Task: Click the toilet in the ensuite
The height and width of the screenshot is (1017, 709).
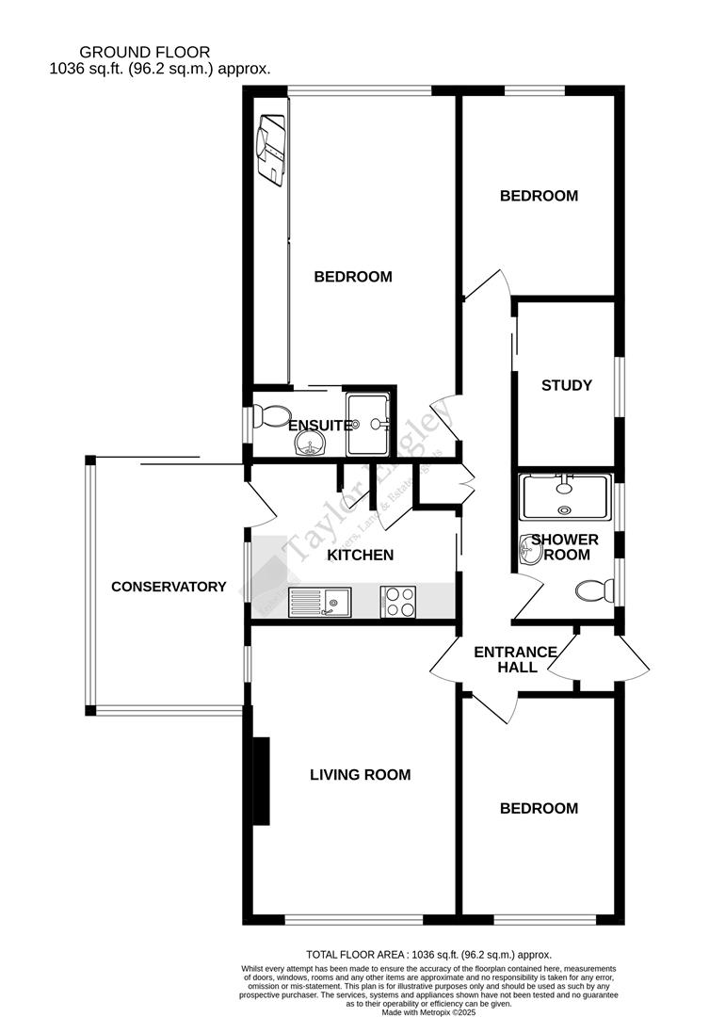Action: click(273, 415)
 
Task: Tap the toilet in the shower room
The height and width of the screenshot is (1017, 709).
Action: click(592, 590)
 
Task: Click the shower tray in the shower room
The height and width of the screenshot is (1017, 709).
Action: click(565, 497)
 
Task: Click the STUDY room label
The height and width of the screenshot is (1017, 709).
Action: click(566, 385)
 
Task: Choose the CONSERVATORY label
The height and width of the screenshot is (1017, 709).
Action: click(169, 587)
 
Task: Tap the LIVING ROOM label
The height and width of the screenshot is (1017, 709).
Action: click(360, 775)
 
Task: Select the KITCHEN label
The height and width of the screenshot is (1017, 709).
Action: click(360, 555)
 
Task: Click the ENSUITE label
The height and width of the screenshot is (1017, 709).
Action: click(320, 426)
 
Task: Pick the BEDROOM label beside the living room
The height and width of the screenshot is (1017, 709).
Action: click(539, 808)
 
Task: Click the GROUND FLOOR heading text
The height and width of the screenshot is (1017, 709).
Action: click(144, 52)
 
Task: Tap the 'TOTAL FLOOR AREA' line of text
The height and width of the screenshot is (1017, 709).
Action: click(428, 955)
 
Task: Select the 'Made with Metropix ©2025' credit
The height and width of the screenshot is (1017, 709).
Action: click(428, 1012)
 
